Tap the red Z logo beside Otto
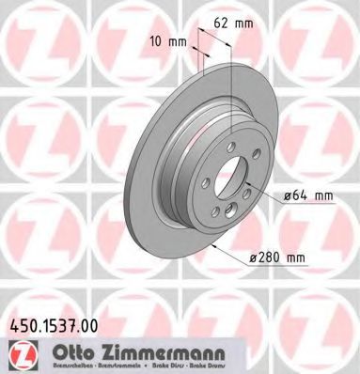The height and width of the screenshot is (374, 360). pyautogui.click(x=21, y=353)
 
